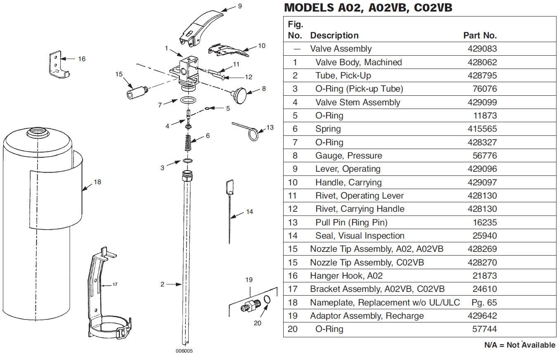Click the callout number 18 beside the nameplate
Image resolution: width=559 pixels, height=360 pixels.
[97, 182]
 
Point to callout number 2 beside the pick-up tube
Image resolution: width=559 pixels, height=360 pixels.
[162, 284]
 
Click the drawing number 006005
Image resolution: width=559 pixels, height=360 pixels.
[184, 351]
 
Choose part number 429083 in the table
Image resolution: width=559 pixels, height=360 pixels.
[482, 49]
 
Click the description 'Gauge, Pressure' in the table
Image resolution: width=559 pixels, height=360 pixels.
[348, 156]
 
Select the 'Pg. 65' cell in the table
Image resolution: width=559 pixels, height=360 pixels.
[484, 303]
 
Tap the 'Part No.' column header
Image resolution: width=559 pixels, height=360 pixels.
[480, 36]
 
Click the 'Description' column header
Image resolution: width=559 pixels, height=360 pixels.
[334, 36]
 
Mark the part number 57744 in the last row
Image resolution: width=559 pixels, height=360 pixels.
[485, 329]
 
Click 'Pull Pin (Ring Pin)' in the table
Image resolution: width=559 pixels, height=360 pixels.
[351, 223]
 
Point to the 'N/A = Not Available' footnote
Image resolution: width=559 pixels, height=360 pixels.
[519, 345]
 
